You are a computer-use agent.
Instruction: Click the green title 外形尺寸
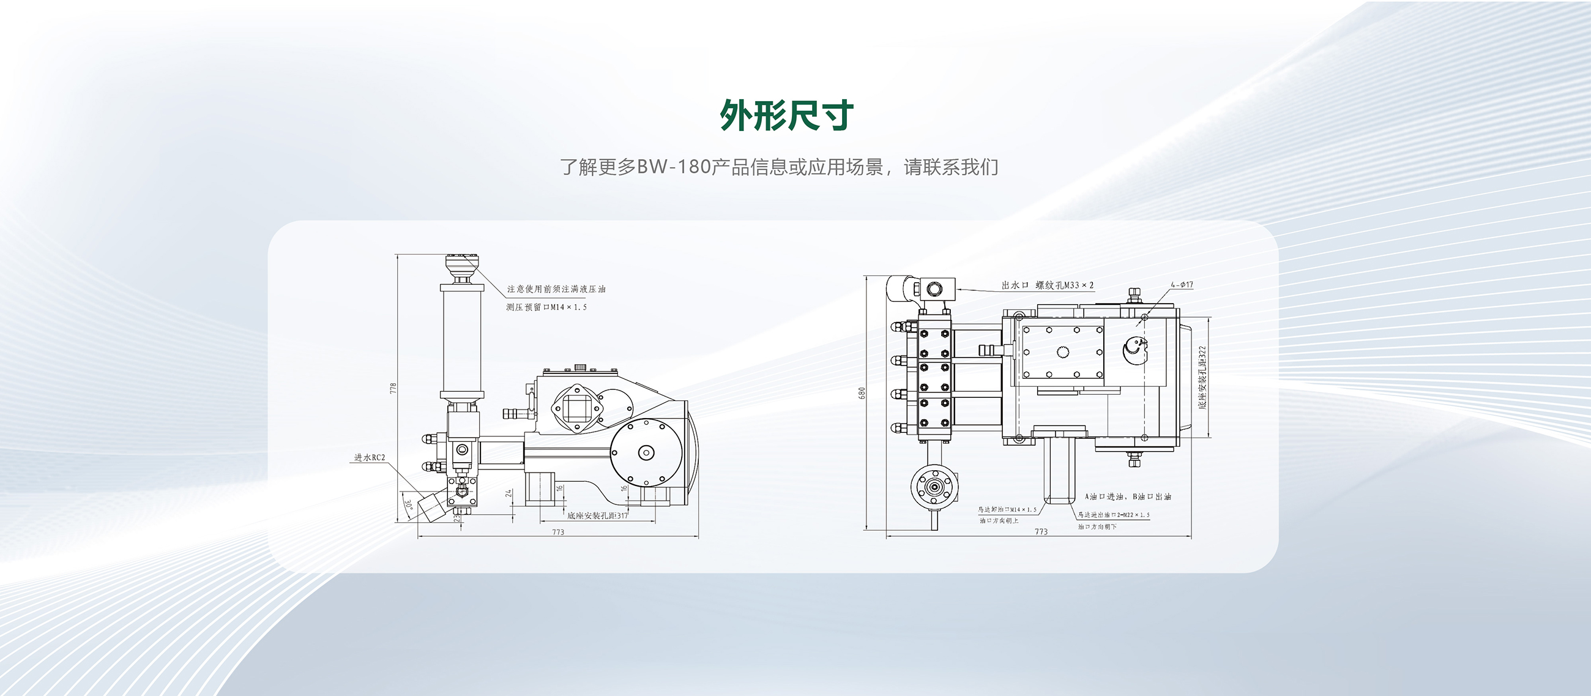(787, 116)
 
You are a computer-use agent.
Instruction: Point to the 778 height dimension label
(393, 389)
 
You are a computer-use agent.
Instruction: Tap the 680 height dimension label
(862, 393)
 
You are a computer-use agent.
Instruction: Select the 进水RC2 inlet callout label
(370, 458)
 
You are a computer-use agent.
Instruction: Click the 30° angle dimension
(409, 504)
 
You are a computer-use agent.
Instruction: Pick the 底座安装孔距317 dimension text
(597, 515)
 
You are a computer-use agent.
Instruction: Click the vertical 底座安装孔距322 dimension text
(1202, 376)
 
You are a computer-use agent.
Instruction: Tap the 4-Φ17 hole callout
(1182, 285)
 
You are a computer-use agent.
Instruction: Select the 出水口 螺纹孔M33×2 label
(1048, 285)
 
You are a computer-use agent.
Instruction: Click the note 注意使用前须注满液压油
(556, 289)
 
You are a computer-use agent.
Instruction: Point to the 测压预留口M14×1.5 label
(546, 307)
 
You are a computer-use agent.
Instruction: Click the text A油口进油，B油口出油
(1128, 496)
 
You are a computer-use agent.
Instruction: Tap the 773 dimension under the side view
(557, 532)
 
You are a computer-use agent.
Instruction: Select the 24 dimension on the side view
(509, 493)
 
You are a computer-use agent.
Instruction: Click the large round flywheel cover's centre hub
(646, 453)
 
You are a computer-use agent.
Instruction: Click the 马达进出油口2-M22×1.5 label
(1114, 514)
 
